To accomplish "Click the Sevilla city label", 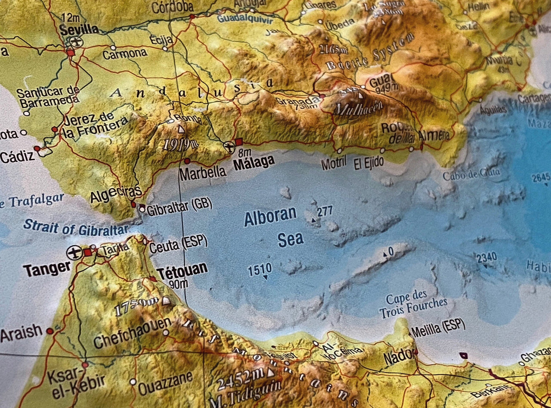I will (79, 29).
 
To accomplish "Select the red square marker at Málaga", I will (239, 142).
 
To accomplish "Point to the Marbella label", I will (203, 172).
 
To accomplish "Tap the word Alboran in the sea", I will (270, 216).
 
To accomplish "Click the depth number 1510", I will (260, 270).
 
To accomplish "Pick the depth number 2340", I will (487, 257).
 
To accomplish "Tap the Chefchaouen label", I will (132, 333).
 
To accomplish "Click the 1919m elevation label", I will (180, 144).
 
